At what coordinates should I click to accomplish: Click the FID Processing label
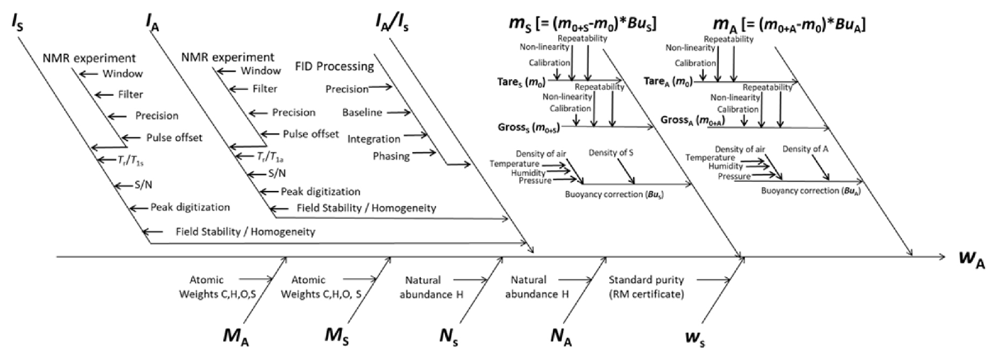334,67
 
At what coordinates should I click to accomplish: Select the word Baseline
362,112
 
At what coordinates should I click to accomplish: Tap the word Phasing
391,156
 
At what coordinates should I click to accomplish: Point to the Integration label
374,139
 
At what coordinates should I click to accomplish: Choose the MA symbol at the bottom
236,336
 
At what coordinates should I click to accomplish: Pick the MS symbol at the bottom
338,336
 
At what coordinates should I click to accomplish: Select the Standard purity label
646,280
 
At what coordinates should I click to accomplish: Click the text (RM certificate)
646,294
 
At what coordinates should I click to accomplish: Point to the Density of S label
610,153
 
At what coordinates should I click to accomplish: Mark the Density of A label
805,149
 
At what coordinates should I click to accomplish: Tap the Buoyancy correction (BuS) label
614,194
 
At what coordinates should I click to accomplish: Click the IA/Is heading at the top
391,23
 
